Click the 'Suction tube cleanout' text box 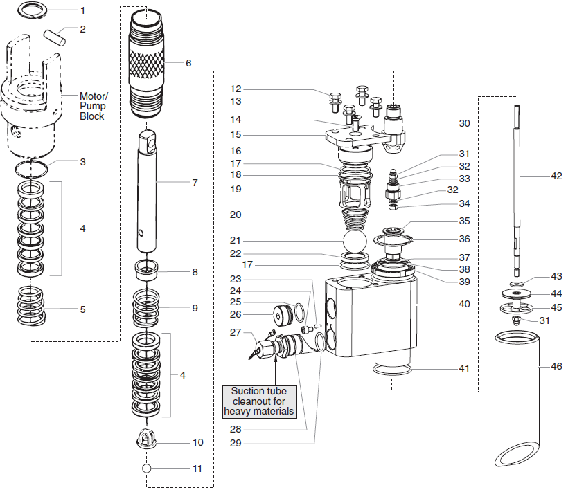click(259, 401)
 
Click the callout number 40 click(464, 304)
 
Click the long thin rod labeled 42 click(518, 187)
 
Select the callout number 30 click(464, 123)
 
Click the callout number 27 click(236, 332)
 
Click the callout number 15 click(236, 134)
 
